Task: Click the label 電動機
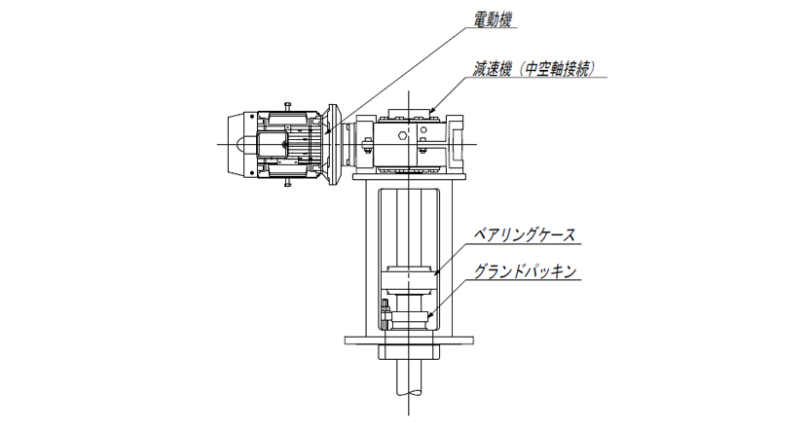click(x=494, y=19)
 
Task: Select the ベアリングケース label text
click(x=524, y=235)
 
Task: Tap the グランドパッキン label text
click(x=525, y=271)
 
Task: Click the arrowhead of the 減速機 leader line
click(x=432, y=110)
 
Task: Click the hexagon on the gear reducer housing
click(x=401, y=135)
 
